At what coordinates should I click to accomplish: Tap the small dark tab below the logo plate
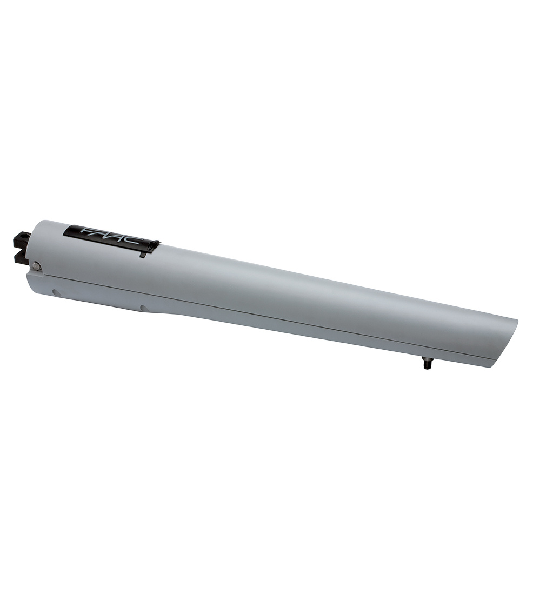(x=143, y=255)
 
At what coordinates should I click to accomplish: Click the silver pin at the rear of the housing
(x=35, y=265)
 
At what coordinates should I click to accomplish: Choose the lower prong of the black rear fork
(x=21, y=257)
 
